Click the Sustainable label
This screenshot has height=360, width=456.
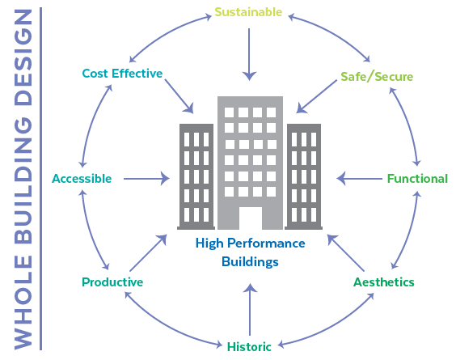[248, 12]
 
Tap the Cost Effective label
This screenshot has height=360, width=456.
[122, 74]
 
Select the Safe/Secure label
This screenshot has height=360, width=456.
[377, 77]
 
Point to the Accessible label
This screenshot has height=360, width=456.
[82, 179]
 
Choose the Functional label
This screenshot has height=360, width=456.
[417, 179]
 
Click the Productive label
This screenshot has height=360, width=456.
[112, 282]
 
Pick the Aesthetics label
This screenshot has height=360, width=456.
[384, 282]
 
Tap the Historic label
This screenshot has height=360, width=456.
[249, 346]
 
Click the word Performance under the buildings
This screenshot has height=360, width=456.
[266, 244]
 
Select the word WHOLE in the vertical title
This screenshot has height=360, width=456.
[23, 302]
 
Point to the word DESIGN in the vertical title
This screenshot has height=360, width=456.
[23, 57]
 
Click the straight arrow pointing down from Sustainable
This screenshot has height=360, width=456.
[249, 54]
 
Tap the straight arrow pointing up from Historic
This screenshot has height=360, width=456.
[250, 310]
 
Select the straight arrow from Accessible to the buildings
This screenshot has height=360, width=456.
[146, 179]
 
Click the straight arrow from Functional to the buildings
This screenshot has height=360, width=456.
[360, 179]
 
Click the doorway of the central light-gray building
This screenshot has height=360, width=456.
[251, 218]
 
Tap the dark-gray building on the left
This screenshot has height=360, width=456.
[196, 176]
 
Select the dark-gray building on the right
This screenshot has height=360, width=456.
[304, 176]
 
